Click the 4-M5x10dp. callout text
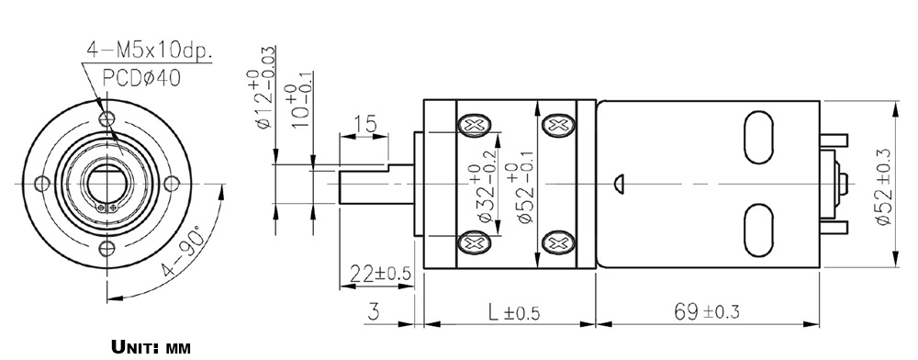(150, 51)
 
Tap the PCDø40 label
(141, 78)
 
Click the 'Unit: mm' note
(151, 347)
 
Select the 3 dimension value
(374, 311)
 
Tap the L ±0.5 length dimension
(513, 313)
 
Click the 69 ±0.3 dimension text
(706, 311)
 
